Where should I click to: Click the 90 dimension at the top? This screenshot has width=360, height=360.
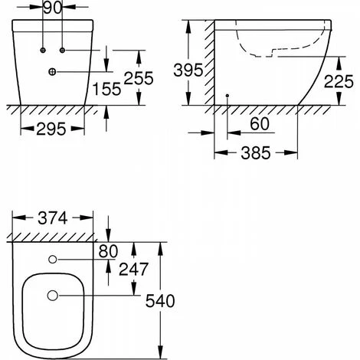[x=52, y=8]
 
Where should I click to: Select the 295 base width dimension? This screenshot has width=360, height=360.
[x=51, y=129]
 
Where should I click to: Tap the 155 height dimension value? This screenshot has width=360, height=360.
[x=106, y=89]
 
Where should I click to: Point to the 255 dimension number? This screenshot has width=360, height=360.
[x=139, y=78]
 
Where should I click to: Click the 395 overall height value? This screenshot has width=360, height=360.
[x=188, y=70]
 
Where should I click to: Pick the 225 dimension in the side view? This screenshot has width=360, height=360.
[x=339, y=82]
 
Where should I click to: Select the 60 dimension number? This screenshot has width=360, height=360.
[x=260, y=124]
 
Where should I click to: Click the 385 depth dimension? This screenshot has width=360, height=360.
[x=256, y=153]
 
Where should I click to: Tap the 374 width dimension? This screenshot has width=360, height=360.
[x=53, y=218]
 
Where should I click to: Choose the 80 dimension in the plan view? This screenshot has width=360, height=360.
[x=108, y=251]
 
